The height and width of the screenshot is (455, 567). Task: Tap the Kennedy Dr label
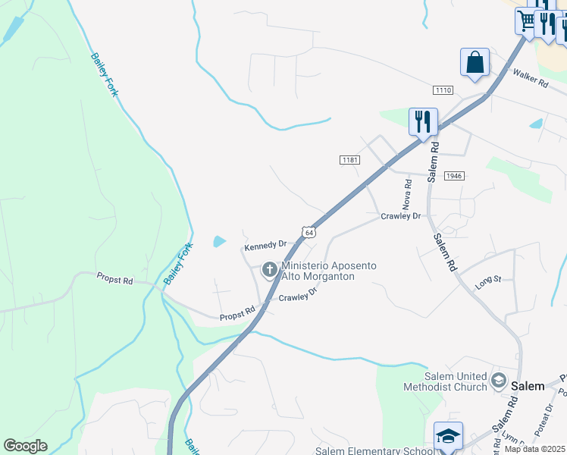265,245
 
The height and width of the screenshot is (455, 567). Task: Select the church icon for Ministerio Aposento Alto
269,269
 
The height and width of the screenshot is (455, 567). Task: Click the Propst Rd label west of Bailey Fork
114,281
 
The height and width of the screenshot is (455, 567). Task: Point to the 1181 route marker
349,160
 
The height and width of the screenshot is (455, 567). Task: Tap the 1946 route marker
453,176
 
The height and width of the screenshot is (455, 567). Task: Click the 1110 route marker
443,90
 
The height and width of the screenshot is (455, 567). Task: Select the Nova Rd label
408,195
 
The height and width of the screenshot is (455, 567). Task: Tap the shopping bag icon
475,61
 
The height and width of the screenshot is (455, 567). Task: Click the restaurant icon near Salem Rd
422,121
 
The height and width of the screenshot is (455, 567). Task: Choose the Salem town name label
528,386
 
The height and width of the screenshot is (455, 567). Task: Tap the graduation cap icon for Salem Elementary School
448,436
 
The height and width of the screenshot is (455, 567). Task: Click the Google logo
25,446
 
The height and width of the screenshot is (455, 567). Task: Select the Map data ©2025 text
535,449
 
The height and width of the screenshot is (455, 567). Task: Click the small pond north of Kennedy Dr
218,242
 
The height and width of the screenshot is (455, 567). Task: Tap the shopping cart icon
526,20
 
